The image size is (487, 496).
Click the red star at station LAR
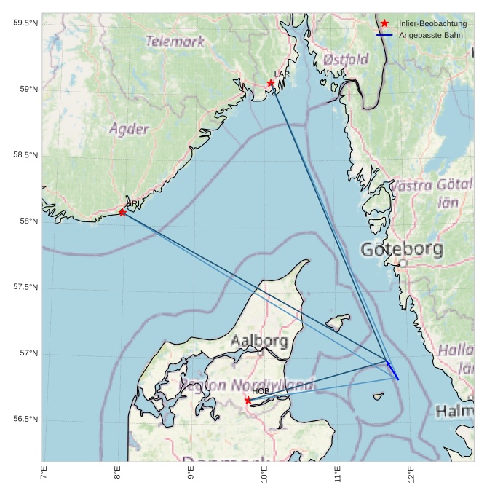coord(271,83)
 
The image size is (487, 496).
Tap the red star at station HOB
coord(248,400)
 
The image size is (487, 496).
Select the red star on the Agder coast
coord(122,212)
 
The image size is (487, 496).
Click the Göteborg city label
coord(402,250)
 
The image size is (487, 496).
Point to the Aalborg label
coord(259,341)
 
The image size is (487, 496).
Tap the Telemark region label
coord(175,42)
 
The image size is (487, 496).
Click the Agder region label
coord(129,129)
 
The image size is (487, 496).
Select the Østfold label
coord(346,59)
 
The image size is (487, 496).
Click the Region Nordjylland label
coord(248,384)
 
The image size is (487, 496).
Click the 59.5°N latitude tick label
coord(25,23)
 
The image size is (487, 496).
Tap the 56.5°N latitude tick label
coord(25,420)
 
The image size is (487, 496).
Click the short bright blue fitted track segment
coord(392,369)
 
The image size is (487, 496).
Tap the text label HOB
coord(261,392)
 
